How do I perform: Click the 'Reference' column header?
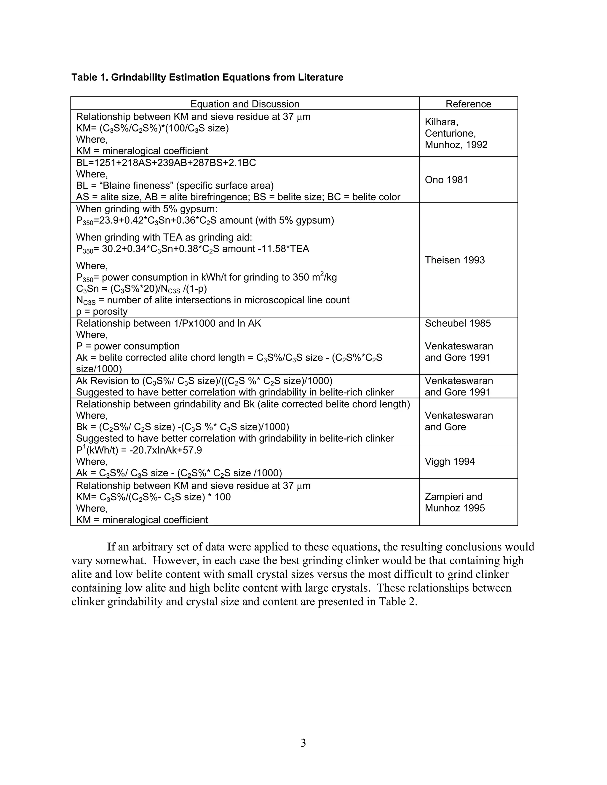[x=468, y=104]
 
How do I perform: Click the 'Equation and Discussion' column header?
[x=245, y=104]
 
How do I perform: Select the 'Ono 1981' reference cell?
[x=446, y=180]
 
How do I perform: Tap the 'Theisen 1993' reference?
[x=455, y=260]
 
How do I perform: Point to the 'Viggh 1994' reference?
[x=450, y=462]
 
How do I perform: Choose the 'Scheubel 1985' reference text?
[x=457, y=323]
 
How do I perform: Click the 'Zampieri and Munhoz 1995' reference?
[x=455, y=502]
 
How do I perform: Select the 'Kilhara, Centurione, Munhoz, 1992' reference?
[x=456, y=133]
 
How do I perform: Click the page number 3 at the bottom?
[x=303, y=742]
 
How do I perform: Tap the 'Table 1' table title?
[x=207, y=77]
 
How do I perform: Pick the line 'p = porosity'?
[x=102, y=311]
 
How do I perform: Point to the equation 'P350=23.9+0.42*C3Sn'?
[x=205, y=220]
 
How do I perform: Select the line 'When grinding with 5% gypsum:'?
[x=147, y=209]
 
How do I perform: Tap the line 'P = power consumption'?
[x=128, y=346]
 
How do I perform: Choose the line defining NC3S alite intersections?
[x=213, y=300]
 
